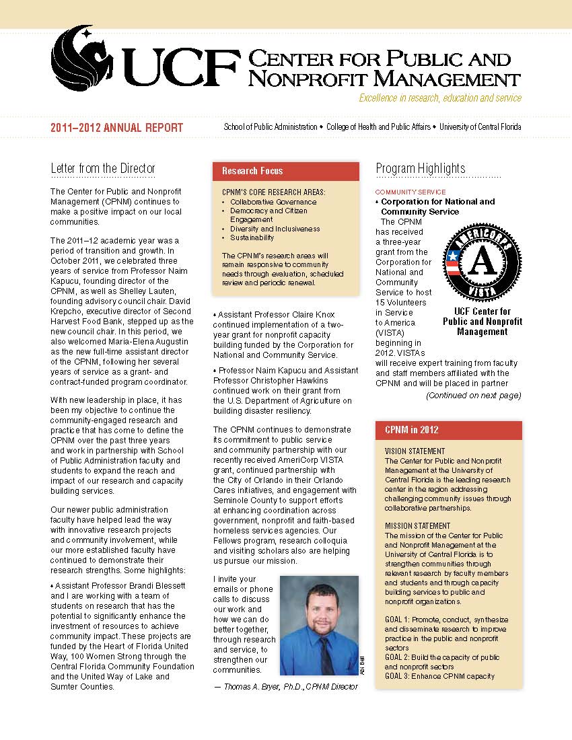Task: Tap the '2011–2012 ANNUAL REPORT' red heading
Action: tap(116, 128)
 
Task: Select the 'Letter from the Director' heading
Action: tap(103, 168)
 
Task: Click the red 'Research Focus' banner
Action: tap(252, 171)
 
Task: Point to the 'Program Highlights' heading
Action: tap(421, 168)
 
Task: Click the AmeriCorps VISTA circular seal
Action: tap(482, 262)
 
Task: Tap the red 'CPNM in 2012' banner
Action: tap(411, 430)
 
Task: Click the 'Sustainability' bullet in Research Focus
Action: tap(252, 237)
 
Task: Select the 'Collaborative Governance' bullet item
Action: tap(273, 202)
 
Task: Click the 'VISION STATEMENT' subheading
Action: tap(415, 451)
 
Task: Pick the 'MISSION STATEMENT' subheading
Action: tap(417, 526)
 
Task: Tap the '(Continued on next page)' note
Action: tap(473, 396)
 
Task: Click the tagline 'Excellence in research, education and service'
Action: tap(440, 98)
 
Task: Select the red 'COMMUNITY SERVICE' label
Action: tap(410, 192)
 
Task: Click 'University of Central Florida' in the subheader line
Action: tap(480, 127)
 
